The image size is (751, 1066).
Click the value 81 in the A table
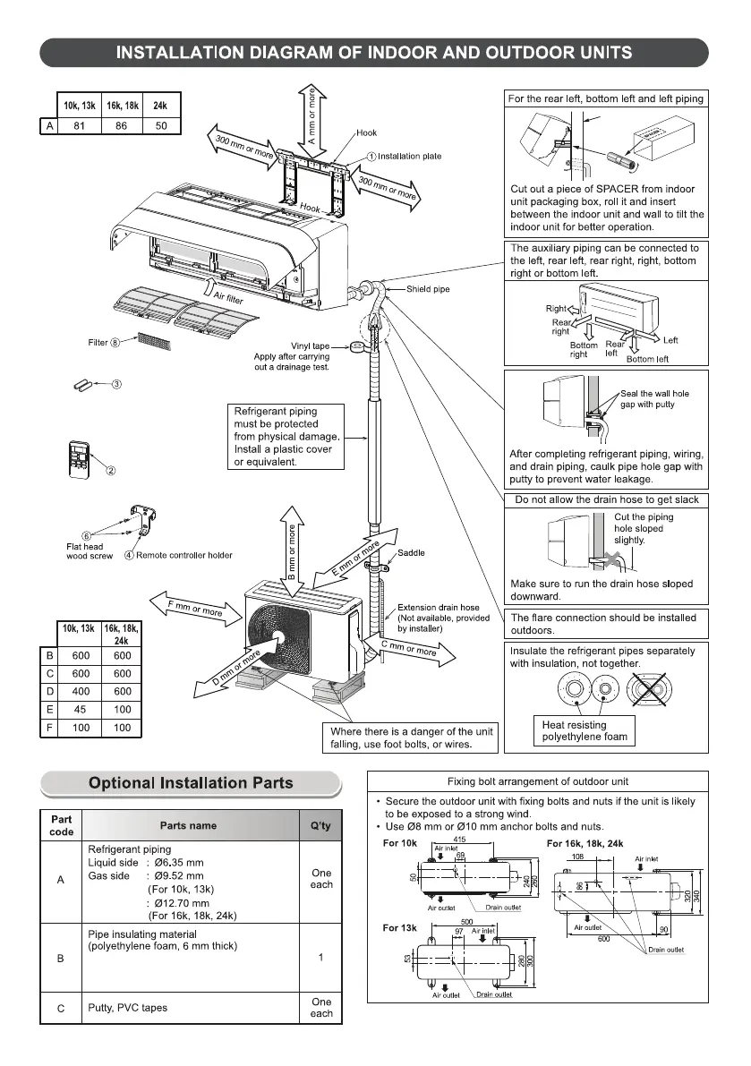79,126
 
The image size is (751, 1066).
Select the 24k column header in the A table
161,106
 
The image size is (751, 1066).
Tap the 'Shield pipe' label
428,289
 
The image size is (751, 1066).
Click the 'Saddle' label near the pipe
412,553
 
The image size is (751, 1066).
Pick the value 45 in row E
80,710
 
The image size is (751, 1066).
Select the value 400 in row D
80,691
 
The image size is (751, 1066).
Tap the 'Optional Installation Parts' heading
191,783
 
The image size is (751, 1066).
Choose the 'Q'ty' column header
320,825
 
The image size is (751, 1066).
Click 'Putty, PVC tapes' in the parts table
128,1008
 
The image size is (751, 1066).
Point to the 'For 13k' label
401,927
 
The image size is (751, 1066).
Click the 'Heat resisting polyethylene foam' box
586,731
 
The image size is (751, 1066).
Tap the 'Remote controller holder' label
183,555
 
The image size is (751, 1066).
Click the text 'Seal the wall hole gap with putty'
654,399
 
